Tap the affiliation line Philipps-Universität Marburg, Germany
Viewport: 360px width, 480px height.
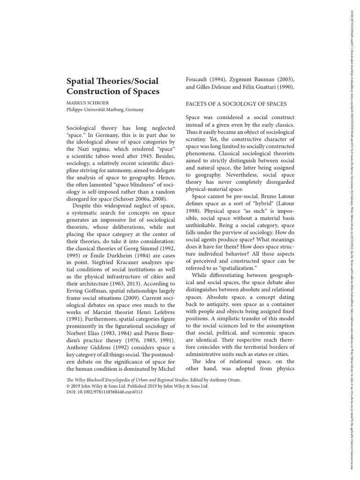pos(105,110)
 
